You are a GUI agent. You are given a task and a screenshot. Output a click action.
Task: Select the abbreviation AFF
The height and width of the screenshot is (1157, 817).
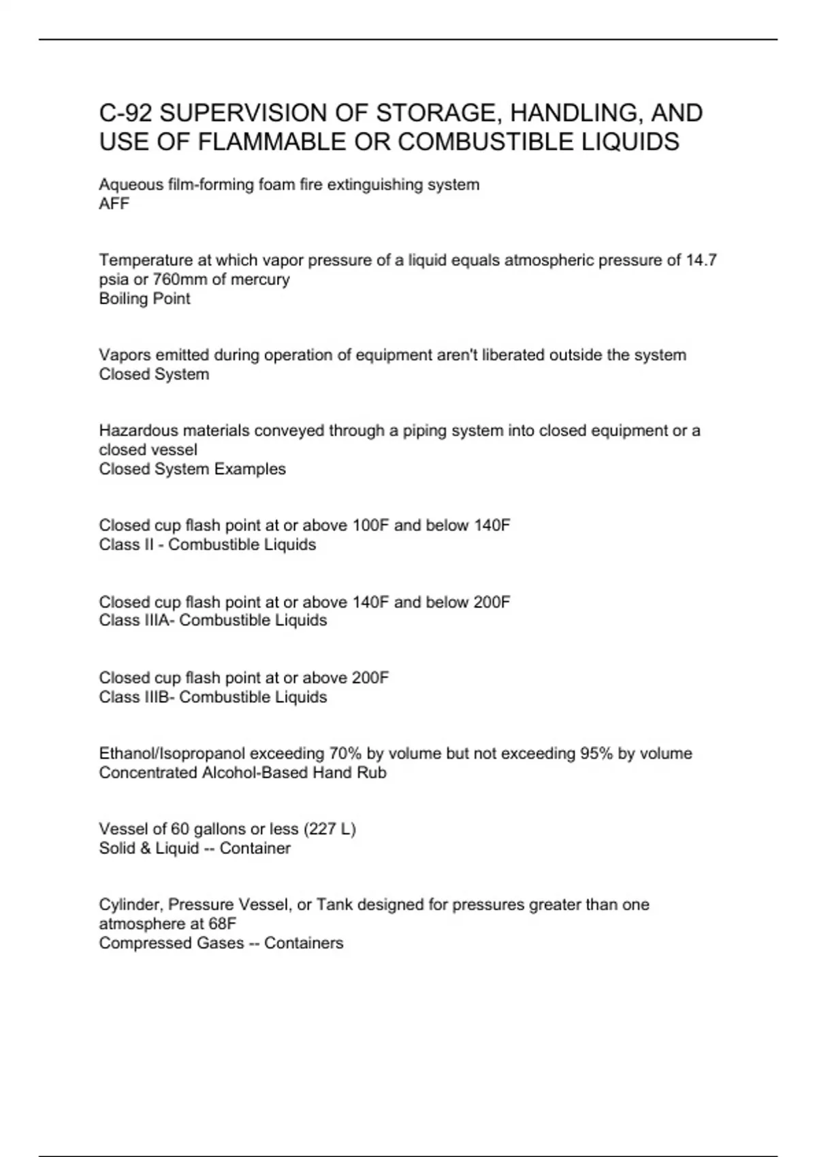pyautogui.click(x=114, y=203)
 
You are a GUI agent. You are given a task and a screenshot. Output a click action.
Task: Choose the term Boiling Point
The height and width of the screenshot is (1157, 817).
pyautogui.click(x=144, y=298)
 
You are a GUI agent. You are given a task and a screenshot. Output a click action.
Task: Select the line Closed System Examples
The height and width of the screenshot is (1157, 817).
pyautogui.click(x=192, y=469)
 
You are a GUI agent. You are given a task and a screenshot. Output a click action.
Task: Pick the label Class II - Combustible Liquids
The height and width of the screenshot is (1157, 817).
pyautogui.click(x=207, y=544)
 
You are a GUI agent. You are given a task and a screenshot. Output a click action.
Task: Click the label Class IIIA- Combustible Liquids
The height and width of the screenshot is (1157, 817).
pyautogui.click(x=212, y=620)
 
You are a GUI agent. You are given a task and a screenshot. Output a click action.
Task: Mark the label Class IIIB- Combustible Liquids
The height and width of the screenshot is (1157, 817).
pyautogui.click(x=212, y=697)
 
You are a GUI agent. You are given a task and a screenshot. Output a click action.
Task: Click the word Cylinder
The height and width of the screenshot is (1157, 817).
pyautogui.click(x=131, y=905)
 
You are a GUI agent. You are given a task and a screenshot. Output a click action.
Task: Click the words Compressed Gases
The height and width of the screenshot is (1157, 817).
pyautogui.click(x=171, y=943)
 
